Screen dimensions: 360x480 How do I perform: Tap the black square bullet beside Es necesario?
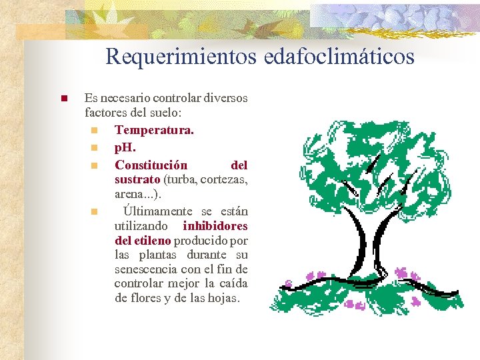(x=63, y=99)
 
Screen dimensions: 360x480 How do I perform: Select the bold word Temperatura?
(x=154, y=129)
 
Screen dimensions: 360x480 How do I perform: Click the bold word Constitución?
(x=151, y=164)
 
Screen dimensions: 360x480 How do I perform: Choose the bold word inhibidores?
(x=215, y=225)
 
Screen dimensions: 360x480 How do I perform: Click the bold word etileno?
(x=152, y=240)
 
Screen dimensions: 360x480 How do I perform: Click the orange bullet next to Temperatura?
(x=95, y=130)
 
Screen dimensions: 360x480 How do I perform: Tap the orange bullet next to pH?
(x=95, y=147)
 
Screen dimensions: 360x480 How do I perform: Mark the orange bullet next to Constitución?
(x=95, y=165)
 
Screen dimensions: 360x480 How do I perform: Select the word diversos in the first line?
(x=225, y=98)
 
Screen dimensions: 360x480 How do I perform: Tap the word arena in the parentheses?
(x=129, y=194)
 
